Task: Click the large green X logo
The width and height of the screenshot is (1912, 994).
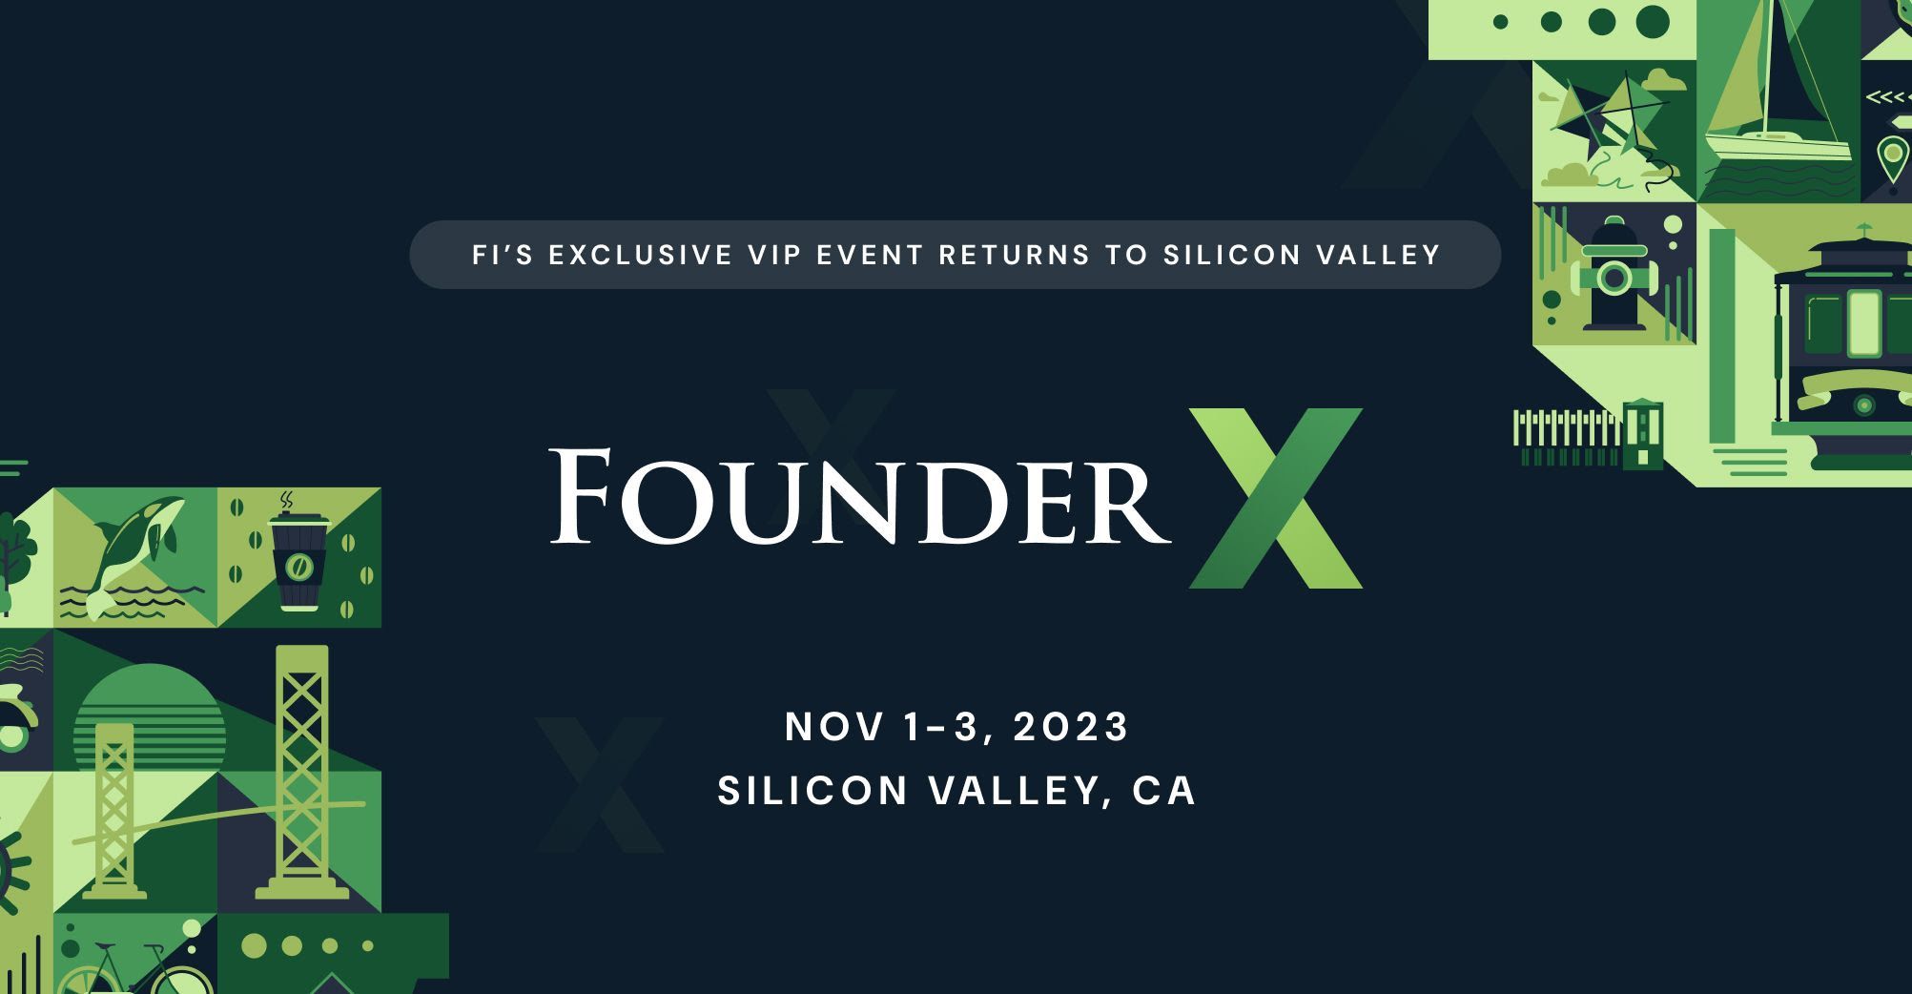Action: click(1275, 498)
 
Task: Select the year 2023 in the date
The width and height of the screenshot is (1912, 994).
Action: click(1070, 727)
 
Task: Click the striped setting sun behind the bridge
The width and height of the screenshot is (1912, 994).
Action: click(150, 711)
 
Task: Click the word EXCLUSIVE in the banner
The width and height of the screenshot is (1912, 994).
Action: click(640, 255)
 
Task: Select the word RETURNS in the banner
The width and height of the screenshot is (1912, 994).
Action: click(1015, 255)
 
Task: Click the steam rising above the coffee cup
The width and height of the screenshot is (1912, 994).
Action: click(286, 501)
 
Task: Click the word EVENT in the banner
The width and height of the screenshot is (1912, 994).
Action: click(877, 255)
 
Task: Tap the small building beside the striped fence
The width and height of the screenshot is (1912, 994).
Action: click(1643, 434)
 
